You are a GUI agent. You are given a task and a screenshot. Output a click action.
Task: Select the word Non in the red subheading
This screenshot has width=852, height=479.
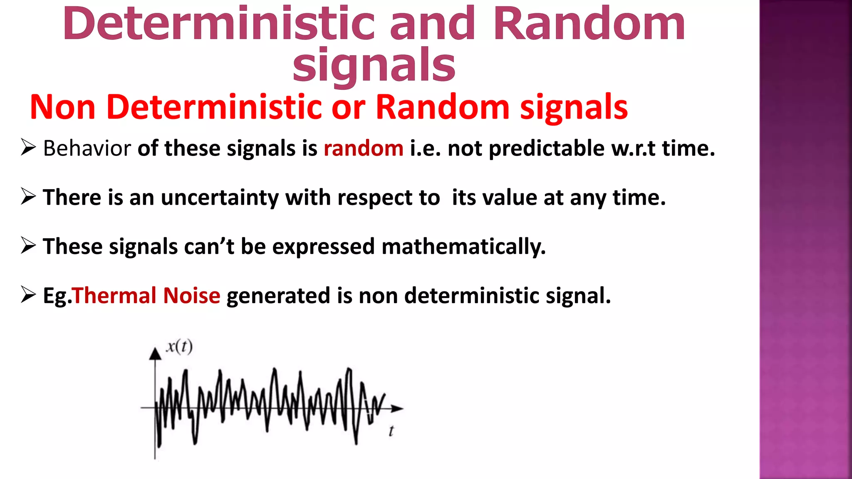pos(63,107)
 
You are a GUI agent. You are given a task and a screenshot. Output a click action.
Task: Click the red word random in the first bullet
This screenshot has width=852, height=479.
pos(363,148)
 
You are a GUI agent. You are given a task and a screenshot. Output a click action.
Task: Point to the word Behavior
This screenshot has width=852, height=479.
pos(87,148)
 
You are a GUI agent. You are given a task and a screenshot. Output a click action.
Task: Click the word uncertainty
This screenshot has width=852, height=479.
pos(220,198)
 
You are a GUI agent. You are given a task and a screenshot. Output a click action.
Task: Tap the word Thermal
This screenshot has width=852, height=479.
pos(115,296)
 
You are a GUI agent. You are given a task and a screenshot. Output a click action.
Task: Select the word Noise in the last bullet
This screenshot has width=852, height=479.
pos(191,296)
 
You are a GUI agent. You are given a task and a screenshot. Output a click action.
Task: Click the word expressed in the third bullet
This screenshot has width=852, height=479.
pos(324,247)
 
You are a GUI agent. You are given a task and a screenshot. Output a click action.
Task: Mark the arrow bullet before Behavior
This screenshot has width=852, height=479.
pos(28,148)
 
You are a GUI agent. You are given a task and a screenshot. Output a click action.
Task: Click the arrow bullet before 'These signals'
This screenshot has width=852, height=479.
pos(28,246)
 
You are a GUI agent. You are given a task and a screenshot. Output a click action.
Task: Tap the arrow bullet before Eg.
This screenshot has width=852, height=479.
pos(28,295)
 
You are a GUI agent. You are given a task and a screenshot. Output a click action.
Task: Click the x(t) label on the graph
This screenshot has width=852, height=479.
pos(179,346)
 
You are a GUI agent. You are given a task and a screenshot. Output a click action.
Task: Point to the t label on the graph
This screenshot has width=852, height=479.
pos(391,431)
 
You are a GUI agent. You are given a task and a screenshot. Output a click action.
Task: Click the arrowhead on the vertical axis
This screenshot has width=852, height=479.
pos(155,354)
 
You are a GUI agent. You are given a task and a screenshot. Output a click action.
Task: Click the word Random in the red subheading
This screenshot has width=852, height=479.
pos(442,107)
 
